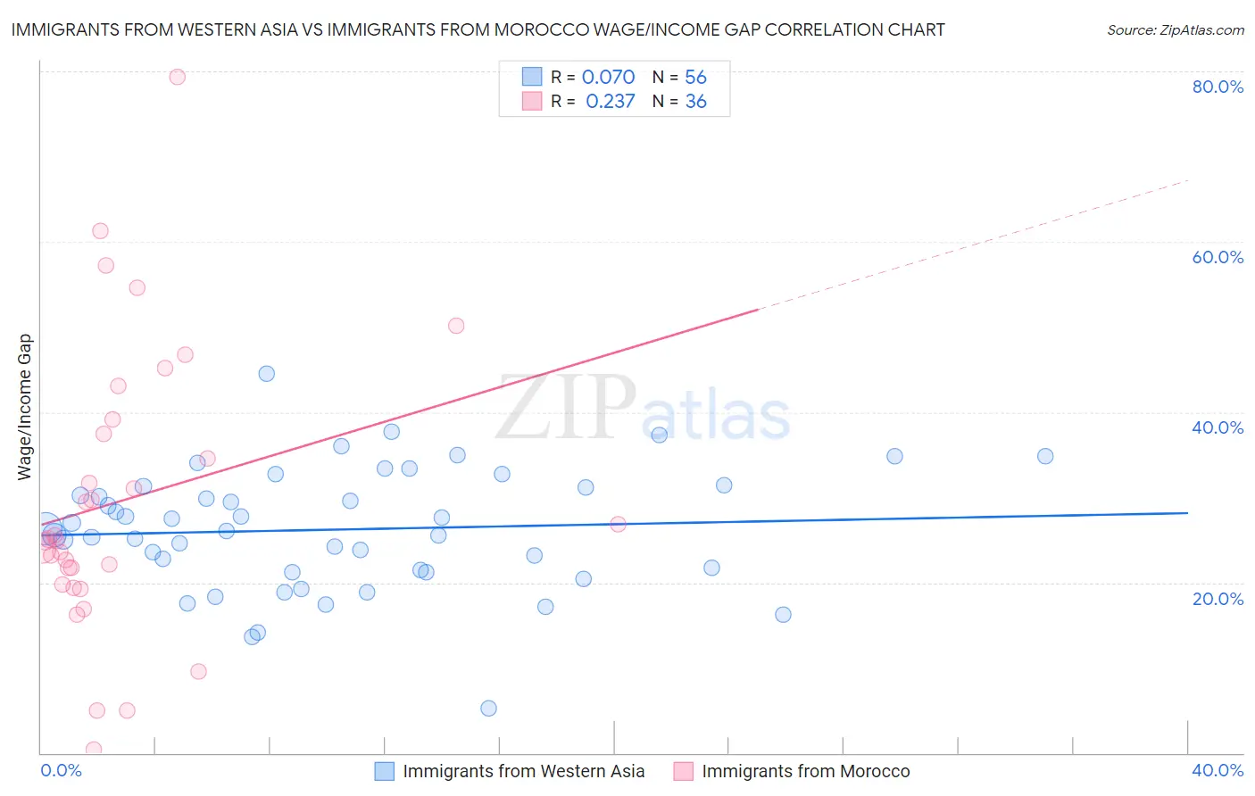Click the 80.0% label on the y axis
click(1218, 87)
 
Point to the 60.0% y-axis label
click(1218, 257)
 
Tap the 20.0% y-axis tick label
click(1218, 599)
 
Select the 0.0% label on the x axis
click(61, 770)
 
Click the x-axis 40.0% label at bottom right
click(1218, 770)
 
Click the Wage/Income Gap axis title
click(24, 407)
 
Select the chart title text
click(478, 29)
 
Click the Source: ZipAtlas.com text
click(1175, 29)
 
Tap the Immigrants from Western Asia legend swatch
click(385, 771)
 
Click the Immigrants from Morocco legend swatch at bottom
click(684, 771)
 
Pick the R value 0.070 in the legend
click(608, 78)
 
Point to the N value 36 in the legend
click(695, 102)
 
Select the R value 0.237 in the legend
click(610, 102)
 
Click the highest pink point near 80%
click(178, 77)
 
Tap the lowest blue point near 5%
click(488, 709)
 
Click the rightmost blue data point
click(1045, 456)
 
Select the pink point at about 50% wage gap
click(456, 326)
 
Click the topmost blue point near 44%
click(266, 374)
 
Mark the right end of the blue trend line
click(1187, 513)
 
